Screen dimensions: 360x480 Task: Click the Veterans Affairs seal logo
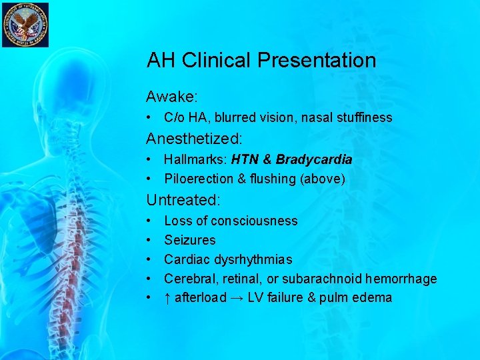coord(25,25)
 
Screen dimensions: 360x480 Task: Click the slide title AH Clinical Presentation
coord(261,61)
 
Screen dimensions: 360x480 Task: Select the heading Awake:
coord(172,97)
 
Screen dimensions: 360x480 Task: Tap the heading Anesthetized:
coord(195,139)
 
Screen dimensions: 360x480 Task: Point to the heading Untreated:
coord(183,199)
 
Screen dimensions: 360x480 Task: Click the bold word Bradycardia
coord(314,160)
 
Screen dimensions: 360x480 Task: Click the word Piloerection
coord(197,179)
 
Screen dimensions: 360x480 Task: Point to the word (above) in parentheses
coord(323,179)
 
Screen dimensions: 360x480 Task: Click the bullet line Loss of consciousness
coord(231,221)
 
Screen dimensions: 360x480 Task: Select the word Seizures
coord(190,240)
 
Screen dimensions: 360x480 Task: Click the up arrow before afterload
coord(167,298)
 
